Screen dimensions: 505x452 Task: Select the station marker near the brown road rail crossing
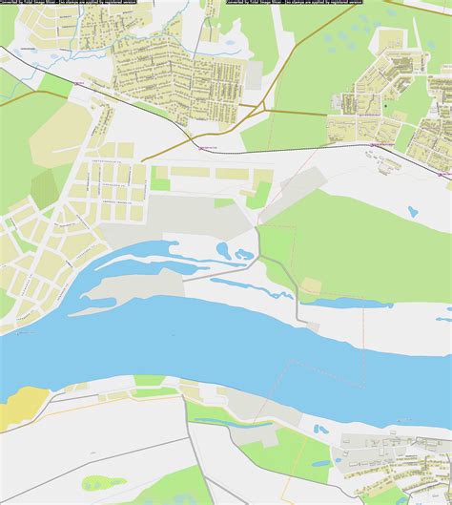pos(200,147)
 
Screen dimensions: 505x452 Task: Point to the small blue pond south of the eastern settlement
pos(412,211)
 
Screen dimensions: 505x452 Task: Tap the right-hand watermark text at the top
pos(282,3)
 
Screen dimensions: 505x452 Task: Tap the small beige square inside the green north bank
pos(312,285)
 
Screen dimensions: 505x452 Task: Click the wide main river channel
pos(191,348)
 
